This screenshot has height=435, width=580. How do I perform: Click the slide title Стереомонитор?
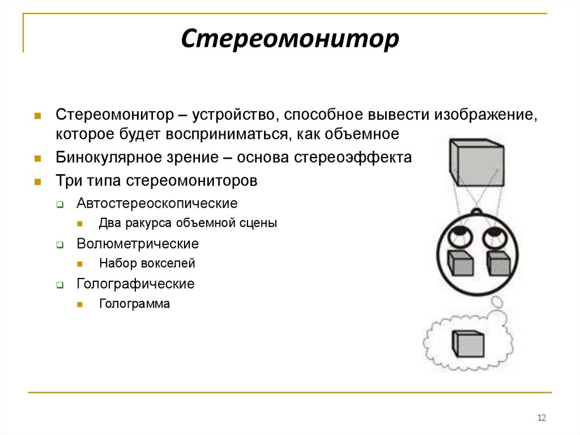pyautogui.click(x=290, y=40)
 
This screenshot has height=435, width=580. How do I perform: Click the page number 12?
pyautogui.click(x=541, y=418)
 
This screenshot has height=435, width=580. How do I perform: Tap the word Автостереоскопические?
pyautogui.click(x=157, y=202)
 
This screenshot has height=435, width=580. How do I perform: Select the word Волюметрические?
pyautogui.click(x=138, y=244)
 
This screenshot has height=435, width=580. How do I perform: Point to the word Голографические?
pyautogui.click(x=135, y=284)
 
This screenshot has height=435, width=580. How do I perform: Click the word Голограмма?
pyautogui.click(x=134, y=304)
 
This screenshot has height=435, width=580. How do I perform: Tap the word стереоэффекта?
pyautogui.click(x=353, y=157)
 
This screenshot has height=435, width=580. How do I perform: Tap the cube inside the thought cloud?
pyautogui.click(x=468, y=344)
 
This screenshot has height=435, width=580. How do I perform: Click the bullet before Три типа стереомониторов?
pyautogui.click(x=37, y=182)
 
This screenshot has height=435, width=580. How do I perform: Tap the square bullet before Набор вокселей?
pyautogui.click(x=80, y=264)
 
